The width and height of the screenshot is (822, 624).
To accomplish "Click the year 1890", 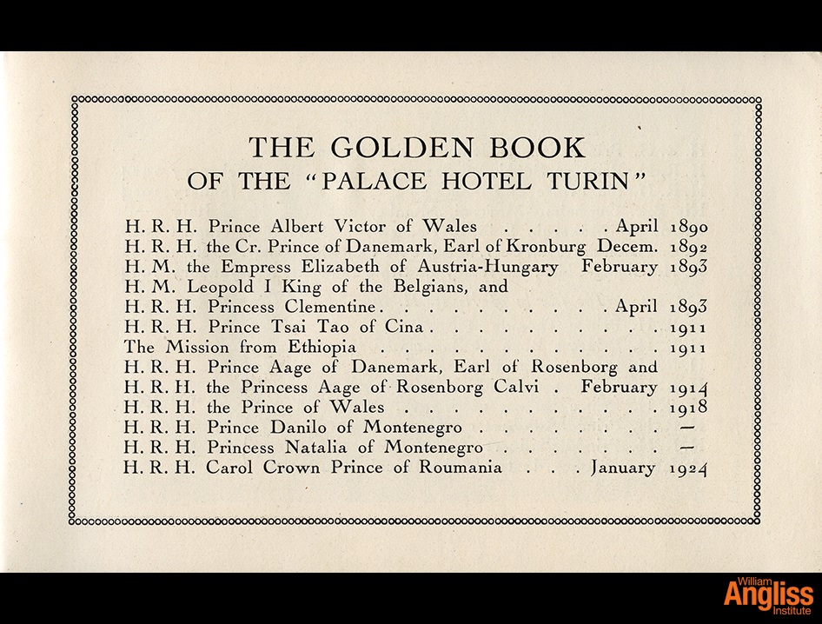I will coord(690,228).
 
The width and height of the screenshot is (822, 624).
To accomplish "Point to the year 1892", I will coord(690,248).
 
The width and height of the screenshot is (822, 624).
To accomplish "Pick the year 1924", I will coord(690,468).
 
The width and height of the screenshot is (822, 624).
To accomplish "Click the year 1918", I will coord(690,408).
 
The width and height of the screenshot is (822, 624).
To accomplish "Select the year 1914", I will coord(690,388).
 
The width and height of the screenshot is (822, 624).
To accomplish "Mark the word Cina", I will coord(407,328).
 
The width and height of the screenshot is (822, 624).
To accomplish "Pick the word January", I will coord(623,468).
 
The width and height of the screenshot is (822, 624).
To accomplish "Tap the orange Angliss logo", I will coord(768,596).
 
